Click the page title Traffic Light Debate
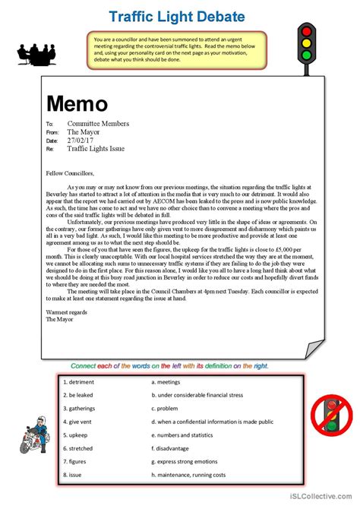[176, 16]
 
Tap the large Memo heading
[77, 103]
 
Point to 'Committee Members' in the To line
[98, 123]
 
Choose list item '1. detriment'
[79, 382]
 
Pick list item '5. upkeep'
[77, 435]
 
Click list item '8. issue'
[74, 476]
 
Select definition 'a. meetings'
[166, 382]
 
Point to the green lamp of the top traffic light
[306, 54]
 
